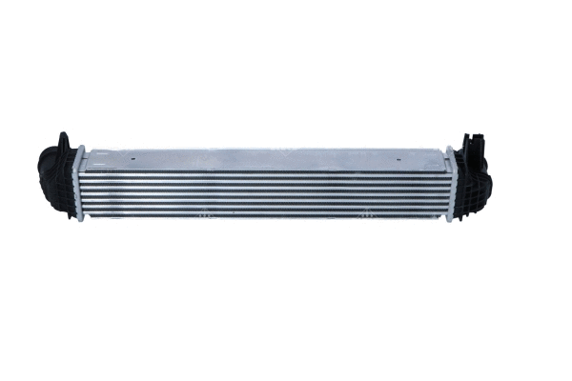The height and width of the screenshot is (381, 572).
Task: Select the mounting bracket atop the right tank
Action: (x=474, y=142)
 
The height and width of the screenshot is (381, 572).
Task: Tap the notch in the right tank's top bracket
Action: (x=476, y=136)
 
